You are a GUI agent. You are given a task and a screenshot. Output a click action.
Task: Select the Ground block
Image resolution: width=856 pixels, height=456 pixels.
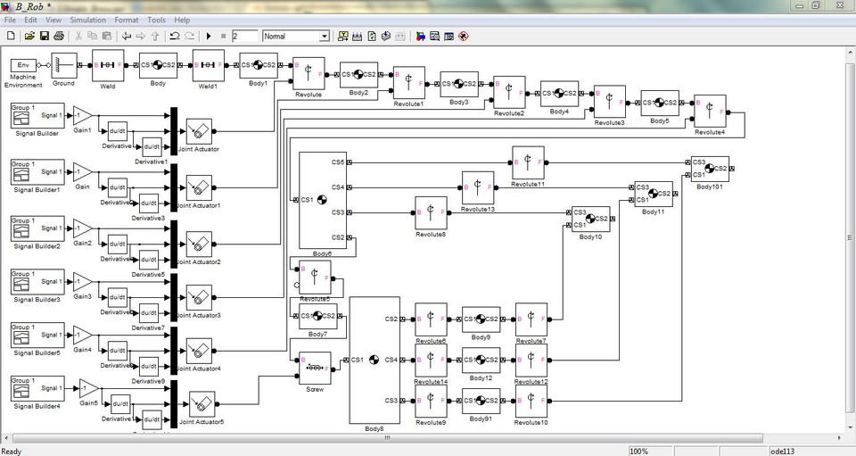[x=63, y=65]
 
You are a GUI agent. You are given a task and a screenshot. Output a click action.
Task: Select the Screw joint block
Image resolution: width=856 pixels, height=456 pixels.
[x=315, y=367]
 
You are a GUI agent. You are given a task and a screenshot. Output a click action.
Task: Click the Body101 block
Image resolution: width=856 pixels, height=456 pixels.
[x=710, y=169]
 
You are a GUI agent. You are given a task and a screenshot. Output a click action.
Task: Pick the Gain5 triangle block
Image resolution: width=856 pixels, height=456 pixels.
[x=87, y=389]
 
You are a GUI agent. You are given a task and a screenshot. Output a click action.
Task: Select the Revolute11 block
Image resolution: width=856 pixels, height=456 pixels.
[x=528, y=162]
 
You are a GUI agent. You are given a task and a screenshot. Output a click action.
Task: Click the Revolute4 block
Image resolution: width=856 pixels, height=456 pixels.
[x=710, y=112]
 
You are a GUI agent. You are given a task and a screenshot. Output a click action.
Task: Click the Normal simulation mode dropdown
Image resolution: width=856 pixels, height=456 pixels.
[x=296, y=37]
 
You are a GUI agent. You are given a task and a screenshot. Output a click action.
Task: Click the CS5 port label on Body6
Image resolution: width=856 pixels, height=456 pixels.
[x=338, y=162]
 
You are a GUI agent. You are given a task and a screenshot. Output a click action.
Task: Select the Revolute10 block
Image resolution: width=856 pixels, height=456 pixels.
[x=531, y=403]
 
